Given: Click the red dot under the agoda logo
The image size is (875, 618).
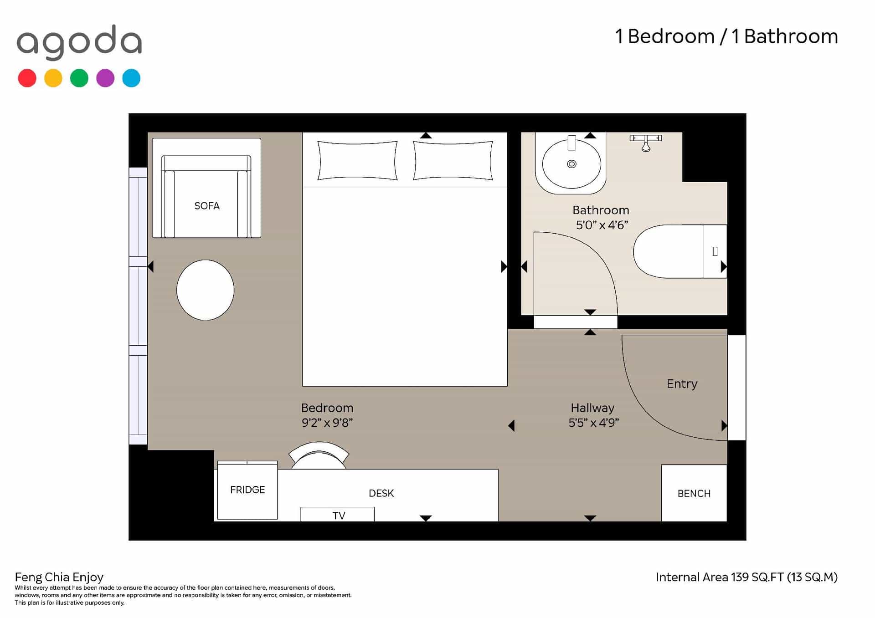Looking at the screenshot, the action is pyautogui.click(x=27, y=78).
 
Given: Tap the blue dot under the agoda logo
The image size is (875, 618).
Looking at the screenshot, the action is pyautogui.click(x=131, y=78).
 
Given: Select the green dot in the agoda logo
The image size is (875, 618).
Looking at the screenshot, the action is pyautogui.click(x=79, y=78).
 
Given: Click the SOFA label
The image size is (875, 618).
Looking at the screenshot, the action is pyautogui.click(x=207, y=206).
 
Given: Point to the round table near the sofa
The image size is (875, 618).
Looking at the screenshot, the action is pyautogui.click(x=206, y=290).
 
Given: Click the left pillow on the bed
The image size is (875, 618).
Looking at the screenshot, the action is pyautogui.click(x=357, y=161).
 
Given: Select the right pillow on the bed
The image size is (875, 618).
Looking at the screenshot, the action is pyautogui.click(x=453, y=161).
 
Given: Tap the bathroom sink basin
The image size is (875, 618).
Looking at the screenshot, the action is pyautogui.click(x=571, y=164).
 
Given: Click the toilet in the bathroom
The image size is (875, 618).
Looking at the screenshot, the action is pyautogui.click(x=680, y=251).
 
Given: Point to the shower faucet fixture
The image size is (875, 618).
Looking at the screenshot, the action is pyautogui.click(x=646, y=142).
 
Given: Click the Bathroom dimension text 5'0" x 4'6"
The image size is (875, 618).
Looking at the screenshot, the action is pyautogui.click(x=602, y=225).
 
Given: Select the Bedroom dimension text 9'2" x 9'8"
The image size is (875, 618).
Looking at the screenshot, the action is pyautogui.click(x=327, y=423).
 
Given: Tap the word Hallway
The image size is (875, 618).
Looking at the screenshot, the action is pyautogui.click(x=592, y=408).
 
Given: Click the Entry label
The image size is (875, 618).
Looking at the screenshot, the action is pyautogui.click(x=682, y=384).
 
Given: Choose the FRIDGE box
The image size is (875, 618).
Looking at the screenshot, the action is pyautogui.click(x=247, y=490).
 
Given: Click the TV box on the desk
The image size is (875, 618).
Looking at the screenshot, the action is pyautogui.click(x=338, y=514).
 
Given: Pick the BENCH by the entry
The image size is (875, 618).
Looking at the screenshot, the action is pyautogui.click(x=694, y=493).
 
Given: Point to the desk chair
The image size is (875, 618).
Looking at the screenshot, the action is pyautogui.click(x=319, y=455).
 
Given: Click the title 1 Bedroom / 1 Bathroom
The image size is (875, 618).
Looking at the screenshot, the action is pyautogui.click(x=726, y=36).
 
